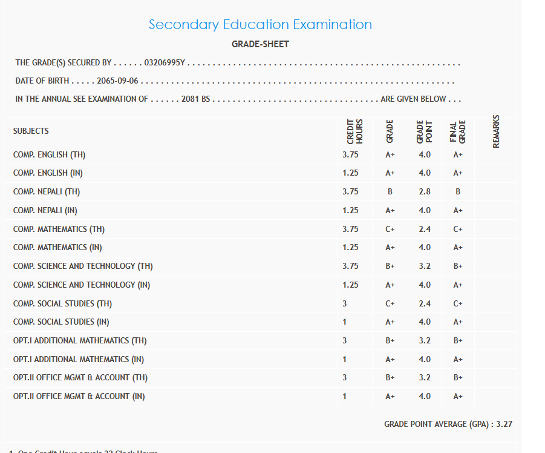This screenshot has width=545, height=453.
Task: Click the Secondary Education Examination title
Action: (x=260, y=25)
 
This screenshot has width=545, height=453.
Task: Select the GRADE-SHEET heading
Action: (x=260, y=44)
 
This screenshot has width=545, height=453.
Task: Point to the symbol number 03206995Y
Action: (x=165, y=63)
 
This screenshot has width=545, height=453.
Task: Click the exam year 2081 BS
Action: (x=195, y=99)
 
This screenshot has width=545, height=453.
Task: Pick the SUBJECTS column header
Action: (x=31, y=131)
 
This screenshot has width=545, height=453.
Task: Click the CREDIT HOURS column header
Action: (x=355, y=131)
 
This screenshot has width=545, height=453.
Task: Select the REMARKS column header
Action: (x=496, y=131)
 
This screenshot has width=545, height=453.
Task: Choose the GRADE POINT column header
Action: (x=425, y=131)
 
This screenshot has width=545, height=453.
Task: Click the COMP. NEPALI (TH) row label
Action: (x=47, y=191)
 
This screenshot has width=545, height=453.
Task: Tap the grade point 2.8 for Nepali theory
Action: (x=425, y=191)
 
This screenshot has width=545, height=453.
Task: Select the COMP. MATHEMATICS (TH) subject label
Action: (x=59, y=229)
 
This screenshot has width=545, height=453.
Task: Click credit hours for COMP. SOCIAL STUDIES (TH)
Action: (x=345, y=303)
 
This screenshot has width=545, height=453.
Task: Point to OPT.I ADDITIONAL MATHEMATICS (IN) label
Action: (x=79, y=359)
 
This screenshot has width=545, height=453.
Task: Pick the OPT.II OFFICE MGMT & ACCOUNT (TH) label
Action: (x=80, y=377)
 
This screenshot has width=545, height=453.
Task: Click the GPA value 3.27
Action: (x=504, y=424)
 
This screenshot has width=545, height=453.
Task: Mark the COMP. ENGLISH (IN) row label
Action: (x=48, y=173)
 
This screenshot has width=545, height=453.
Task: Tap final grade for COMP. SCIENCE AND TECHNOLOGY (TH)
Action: (x=458, y=266)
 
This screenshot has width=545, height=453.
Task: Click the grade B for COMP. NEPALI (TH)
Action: (x=390, y=191)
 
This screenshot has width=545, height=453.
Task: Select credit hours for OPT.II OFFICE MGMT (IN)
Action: (x=345, y=396)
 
